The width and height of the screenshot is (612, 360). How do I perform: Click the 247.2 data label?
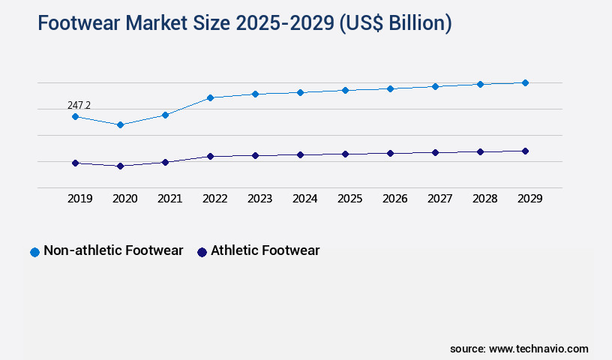(79, 106)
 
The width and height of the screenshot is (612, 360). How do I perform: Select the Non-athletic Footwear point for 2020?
(120, 124)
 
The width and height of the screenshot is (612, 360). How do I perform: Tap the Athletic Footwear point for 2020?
(120, 166)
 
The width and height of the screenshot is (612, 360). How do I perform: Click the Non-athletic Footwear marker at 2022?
(210, 97)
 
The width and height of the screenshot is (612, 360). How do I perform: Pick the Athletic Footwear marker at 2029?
(525, 151)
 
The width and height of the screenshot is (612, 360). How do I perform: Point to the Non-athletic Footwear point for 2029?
(525, 82)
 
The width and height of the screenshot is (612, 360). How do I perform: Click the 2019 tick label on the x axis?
(80, 199)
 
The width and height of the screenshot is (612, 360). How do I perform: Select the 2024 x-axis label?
(305, 199)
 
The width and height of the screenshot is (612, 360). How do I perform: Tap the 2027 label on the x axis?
(440, 199)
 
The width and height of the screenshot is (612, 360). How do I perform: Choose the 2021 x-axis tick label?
(170, 199)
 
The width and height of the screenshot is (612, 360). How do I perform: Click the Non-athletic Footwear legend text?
(113, 250)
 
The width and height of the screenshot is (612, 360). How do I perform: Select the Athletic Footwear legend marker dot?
(202, 252)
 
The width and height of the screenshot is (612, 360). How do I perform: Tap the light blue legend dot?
(34, 252)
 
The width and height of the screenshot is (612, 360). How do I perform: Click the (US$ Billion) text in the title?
(395, 23)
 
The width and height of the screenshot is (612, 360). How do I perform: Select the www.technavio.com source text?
(538, 349)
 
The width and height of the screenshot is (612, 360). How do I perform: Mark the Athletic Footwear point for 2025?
(345, 154)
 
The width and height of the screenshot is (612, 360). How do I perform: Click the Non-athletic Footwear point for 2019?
(75, 116)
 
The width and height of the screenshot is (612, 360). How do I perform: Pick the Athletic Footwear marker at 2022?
(210, 156)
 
